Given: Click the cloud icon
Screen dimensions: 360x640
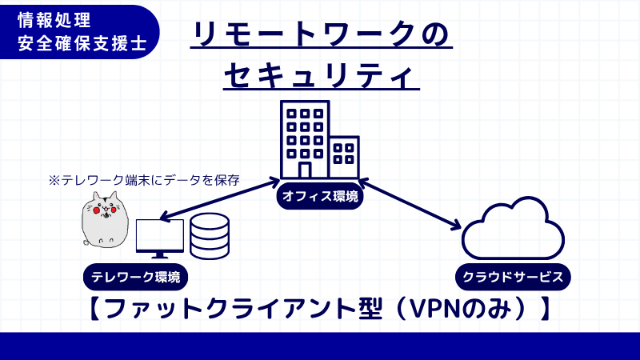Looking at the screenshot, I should pyautogui.click(x=512, y=227).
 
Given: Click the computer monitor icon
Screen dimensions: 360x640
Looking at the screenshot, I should pyautogui.click(x=160, y=238).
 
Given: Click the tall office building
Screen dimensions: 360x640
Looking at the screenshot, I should pyautogui.click(x=304, y=140).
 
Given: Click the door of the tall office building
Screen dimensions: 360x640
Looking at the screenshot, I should pyautogui.click(x=304, y=170).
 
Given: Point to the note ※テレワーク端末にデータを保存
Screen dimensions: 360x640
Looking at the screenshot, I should pyautogui.click(x=145, y=180).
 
